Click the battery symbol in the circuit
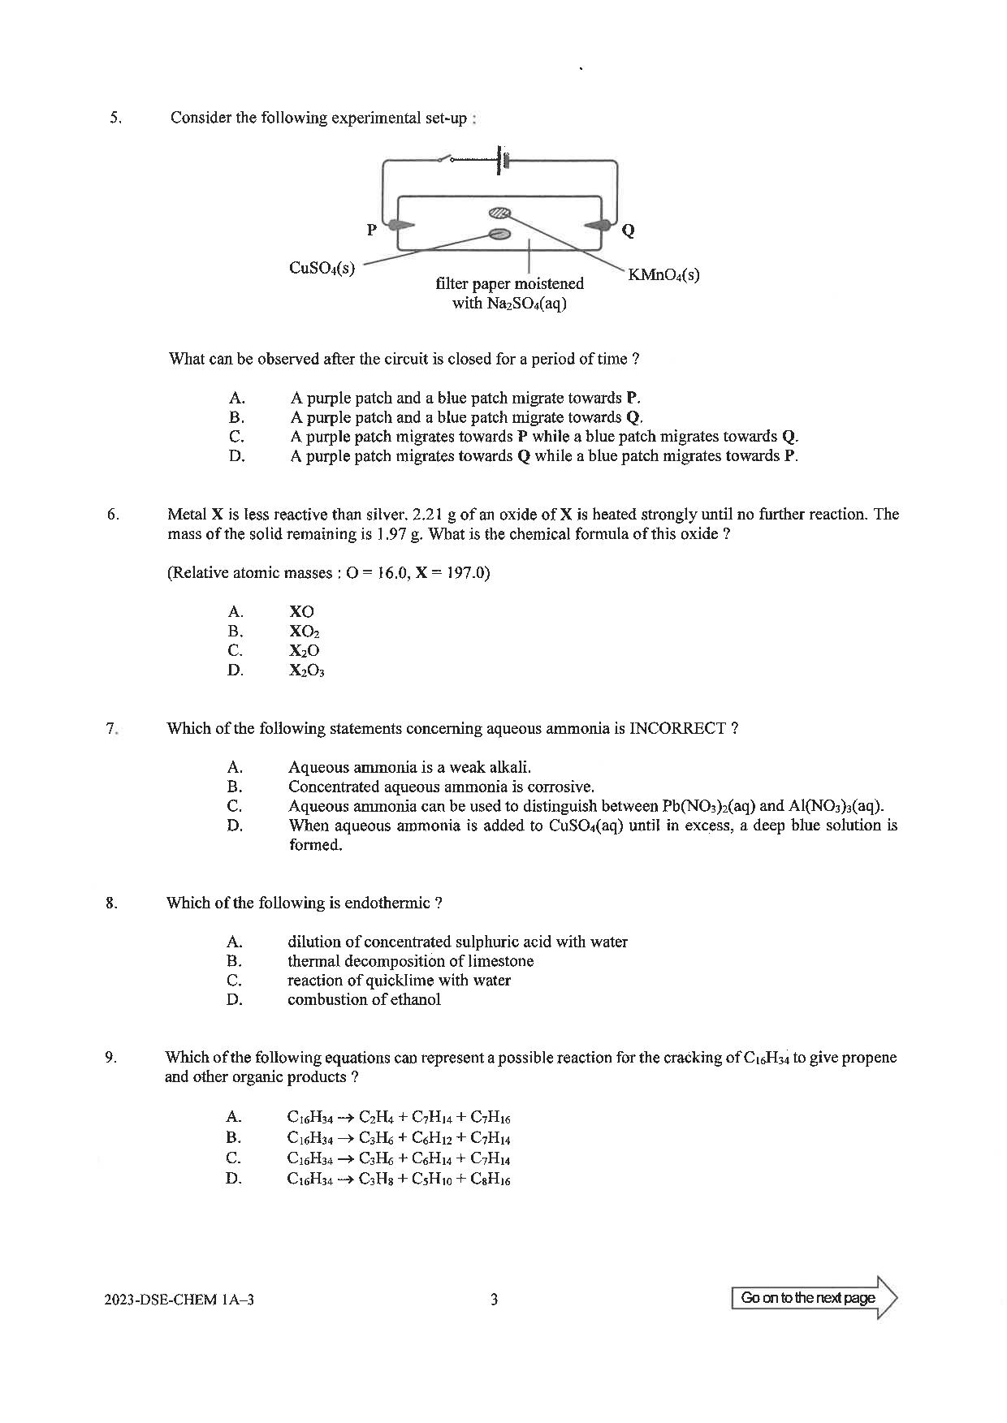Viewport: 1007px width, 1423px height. click(501, 160)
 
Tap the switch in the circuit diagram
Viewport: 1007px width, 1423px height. click(447, 157)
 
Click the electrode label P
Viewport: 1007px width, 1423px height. click(372, 230)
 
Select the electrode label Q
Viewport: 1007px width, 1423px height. click(627, 231)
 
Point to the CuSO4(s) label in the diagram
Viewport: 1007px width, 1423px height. click(322, 268)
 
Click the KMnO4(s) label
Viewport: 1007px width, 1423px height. click(663, 275)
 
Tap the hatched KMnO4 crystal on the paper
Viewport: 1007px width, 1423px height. click(499, 213)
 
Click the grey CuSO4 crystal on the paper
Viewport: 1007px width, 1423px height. click(499, 235)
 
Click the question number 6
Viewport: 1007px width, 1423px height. click(113, 514)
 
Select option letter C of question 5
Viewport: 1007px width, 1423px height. click(236, 437)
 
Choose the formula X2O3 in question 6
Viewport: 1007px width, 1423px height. click(306, 671)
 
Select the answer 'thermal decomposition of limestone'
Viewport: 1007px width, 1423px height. click(410, 961)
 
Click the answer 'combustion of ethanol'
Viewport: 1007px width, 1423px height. click(364, 1000)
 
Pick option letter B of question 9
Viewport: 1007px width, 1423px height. click(234, 1138)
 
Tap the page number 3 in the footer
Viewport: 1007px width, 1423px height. click(495, 1300)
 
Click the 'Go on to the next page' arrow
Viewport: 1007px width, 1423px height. click(815, 1298)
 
